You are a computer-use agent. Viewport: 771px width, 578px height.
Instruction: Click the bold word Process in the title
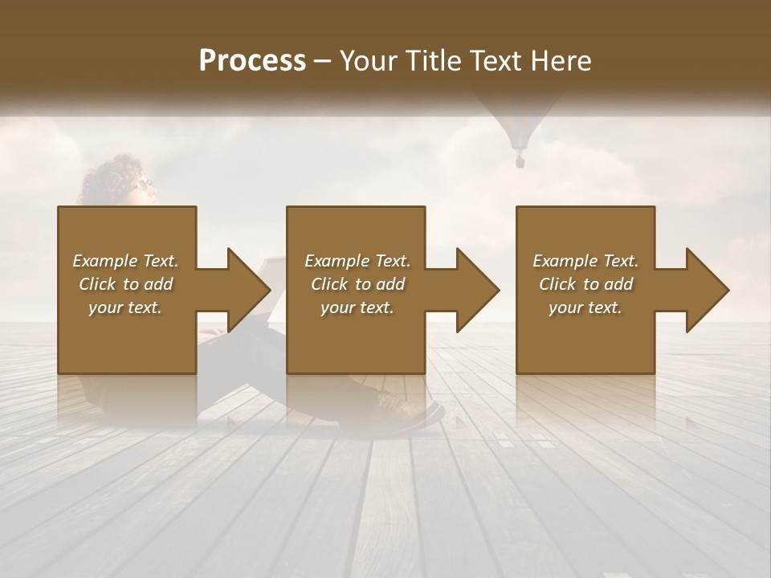252,61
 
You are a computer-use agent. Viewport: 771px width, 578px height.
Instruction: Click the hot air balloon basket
520,161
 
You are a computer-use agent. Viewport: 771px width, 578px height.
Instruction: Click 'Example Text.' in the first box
125,261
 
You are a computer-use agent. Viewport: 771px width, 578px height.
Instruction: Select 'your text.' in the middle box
357,307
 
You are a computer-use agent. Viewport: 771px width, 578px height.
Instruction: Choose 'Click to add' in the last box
586,284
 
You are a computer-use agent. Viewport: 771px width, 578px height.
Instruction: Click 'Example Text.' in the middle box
357,261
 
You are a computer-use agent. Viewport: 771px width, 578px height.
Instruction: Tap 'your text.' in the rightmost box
585,307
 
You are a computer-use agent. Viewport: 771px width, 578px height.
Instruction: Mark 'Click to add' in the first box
125,284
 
